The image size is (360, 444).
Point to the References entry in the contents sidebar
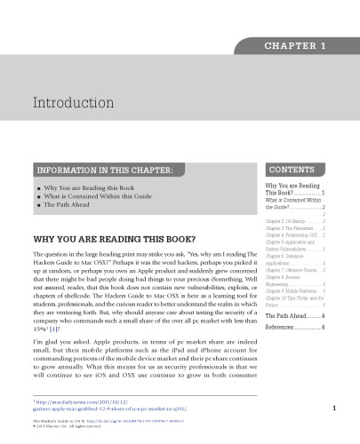coord(281,353)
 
